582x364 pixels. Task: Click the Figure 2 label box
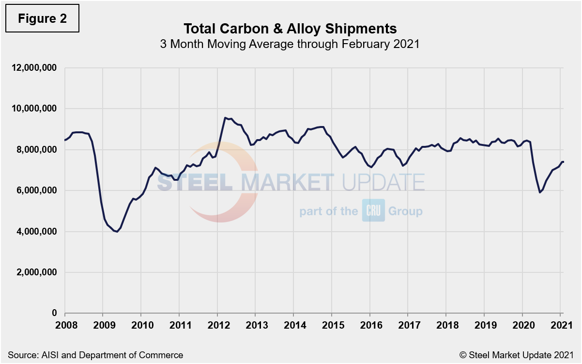tap(42, 19)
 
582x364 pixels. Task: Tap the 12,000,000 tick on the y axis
tap(33, 67)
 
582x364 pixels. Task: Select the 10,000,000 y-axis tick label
tap(33, 109)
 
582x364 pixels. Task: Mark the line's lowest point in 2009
tap(117, 232)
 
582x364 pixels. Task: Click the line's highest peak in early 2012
tap(225, 117)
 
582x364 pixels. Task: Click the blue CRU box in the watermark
tap(373, 211)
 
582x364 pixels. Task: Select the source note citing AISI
tap(95, 355)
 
